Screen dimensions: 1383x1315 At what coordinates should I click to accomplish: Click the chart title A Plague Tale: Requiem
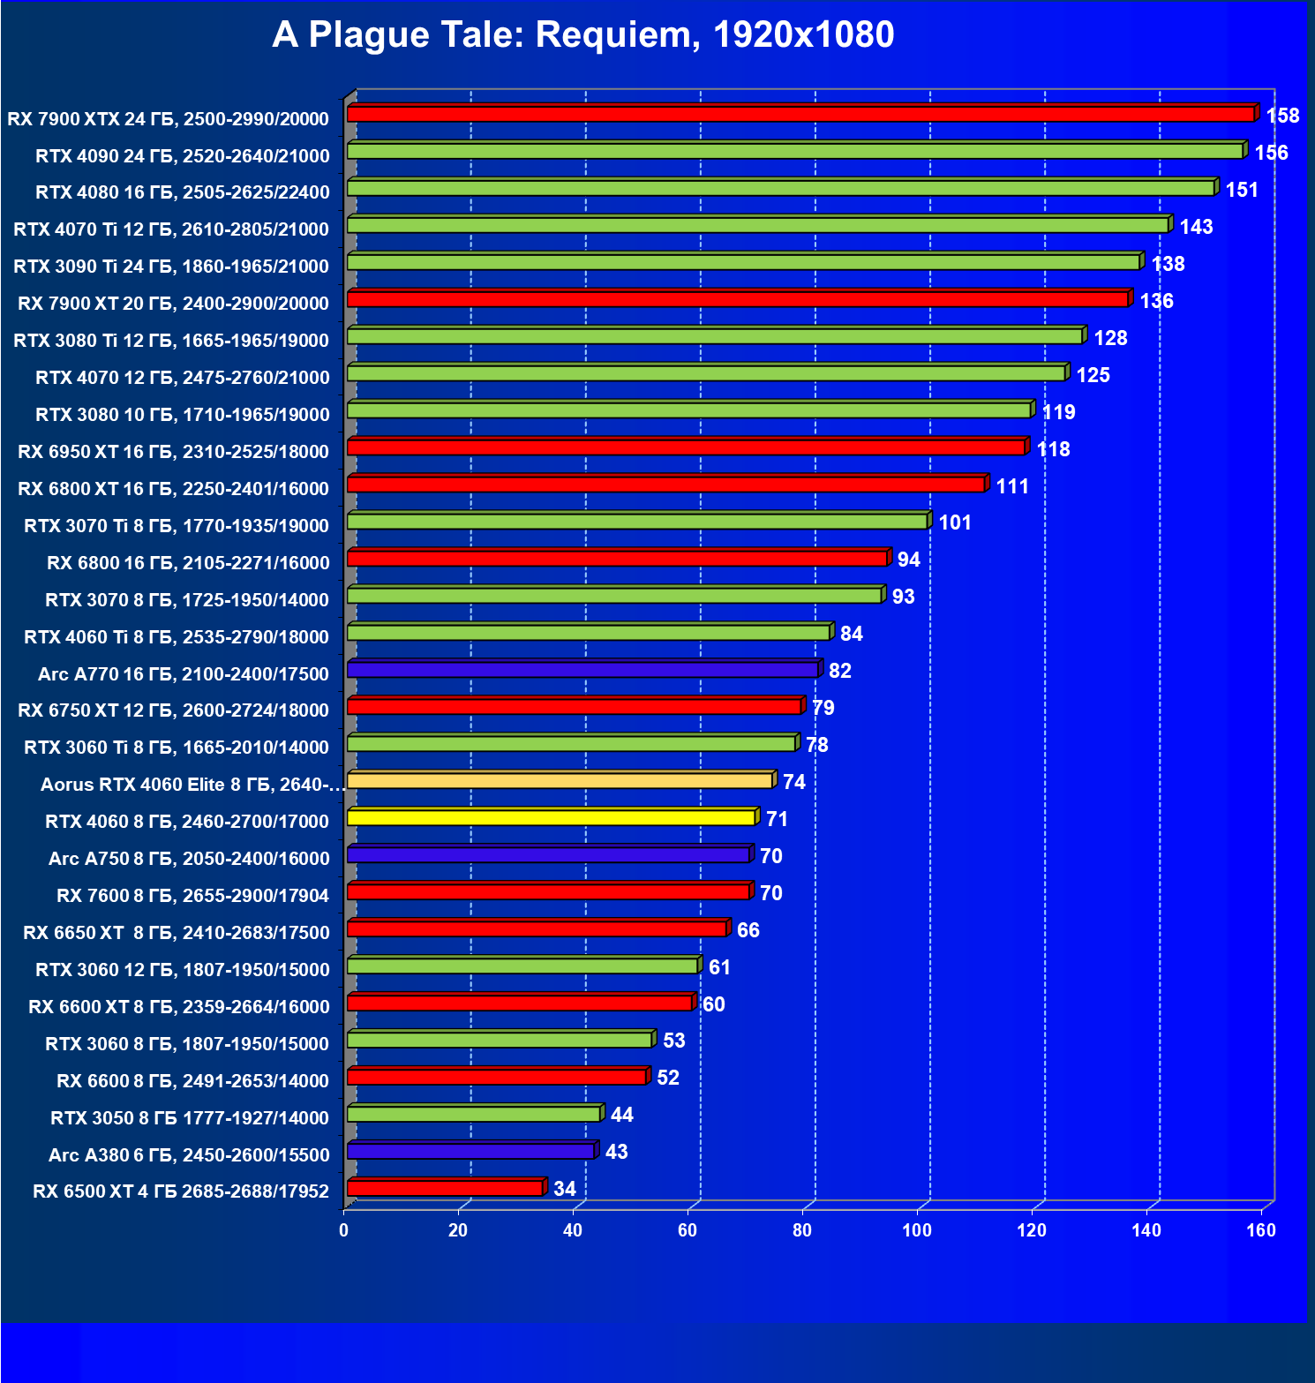pyautogui.click(x=582, y=35)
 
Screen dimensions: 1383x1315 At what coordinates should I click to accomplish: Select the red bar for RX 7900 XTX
pyautogui.click(x=800, y=115)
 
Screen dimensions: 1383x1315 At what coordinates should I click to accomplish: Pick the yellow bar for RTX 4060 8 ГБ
pyautogui.click(x=551, y=818)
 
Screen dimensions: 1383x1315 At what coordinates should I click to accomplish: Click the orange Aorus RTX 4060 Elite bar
pyautogui.click(x=560, y=781)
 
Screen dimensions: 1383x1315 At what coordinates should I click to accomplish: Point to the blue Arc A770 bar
pyautogui.click(x=582, y=670)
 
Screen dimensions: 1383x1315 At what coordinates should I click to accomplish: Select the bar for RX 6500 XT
pyautogui.click(x=445, y=1188)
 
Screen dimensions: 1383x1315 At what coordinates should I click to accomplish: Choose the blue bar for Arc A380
pyautogui.click(x=470, y=1151)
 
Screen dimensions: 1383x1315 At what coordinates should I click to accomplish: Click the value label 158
pyautogui.click(x=1282, y=116)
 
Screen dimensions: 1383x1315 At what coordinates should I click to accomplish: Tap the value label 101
pyautogui.click(x=955, y=522)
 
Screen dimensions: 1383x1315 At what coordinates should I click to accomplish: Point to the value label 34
pyautogui.click(x=565, y=1189)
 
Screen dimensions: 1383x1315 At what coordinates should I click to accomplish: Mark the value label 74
pyautogui.click(x=794, y=782)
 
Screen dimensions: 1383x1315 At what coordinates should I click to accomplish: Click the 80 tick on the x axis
pyautogui.click(x=802, y=1230)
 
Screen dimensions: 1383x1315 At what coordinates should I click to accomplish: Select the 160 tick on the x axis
pyautogui.click(x=1261, y=1230)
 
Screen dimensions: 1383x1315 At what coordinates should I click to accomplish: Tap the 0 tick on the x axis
pyautogui.click(x=343, y=1230)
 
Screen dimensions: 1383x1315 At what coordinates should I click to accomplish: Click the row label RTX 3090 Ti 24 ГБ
pyautogui.click(x=171, y=267)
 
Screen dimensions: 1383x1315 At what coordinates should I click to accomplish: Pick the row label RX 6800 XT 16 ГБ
pyautogui.click(x=173, y=489)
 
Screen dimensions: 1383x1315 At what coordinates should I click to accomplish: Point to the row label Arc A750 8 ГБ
pyautogui.click(x=189, y=859)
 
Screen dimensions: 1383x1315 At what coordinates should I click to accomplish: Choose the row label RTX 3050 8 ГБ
pyautogui.click(x=190, y=1118)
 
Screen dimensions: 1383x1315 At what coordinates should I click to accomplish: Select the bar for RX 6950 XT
pyautogui.click(x=686, y=447)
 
